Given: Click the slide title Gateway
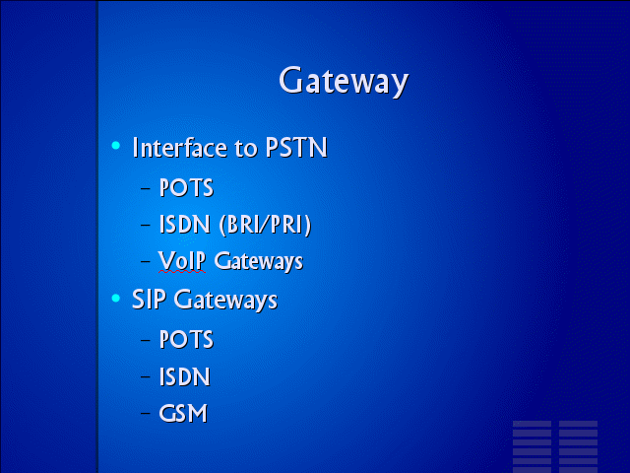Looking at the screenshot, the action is [x=344, y=81].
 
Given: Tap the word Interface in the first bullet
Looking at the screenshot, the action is [x=180, y=147].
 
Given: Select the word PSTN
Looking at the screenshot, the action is [x=296, y=147].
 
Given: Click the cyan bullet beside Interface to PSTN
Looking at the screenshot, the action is [x=116, y=145].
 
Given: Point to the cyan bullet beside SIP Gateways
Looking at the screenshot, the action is [x=116, y=298].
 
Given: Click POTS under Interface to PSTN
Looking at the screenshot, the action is [x=186, y=187].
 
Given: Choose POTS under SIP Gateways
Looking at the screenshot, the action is [x=186, y=339].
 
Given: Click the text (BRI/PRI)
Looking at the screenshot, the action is [x=265, y=225].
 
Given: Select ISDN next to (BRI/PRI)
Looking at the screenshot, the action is [x=185, y=224].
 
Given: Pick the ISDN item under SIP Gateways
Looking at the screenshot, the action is [x=185, y=376].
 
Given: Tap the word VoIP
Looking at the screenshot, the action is [x=182, y=260].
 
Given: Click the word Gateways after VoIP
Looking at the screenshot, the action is [x=258, y=261].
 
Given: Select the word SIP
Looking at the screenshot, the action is [x=149, y=300].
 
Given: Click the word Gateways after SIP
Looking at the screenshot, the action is [x=225, y=300].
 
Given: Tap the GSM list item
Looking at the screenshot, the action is [x=183, y=413].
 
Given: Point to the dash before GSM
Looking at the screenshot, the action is [x=146, y=413].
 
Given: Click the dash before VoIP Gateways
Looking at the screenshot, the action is [x=146, y=260].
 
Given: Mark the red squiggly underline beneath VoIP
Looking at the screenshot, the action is [x=182, y=272].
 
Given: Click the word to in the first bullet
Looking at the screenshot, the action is [x=246, y=148].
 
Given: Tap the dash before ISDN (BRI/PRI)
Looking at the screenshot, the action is [x=146, y=225].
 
